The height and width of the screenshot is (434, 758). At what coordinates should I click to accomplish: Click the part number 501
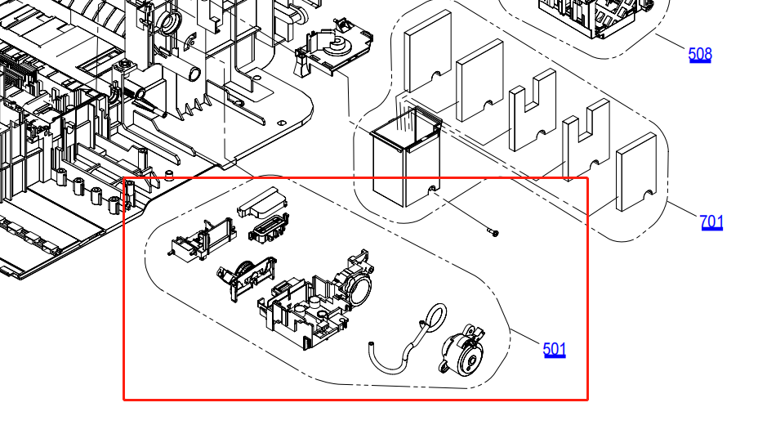coord(554,349)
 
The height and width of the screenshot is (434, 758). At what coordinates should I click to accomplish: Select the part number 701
coord(711,221)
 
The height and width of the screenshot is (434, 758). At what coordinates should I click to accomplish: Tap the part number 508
coord(700,54)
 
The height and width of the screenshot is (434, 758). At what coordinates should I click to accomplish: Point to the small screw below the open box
coord(493,233)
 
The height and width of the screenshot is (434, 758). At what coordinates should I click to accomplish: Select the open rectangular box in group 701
coord(406,156)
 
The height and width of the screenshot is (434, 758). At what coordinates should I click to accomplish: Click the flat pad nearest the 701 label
coord(635,172)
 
